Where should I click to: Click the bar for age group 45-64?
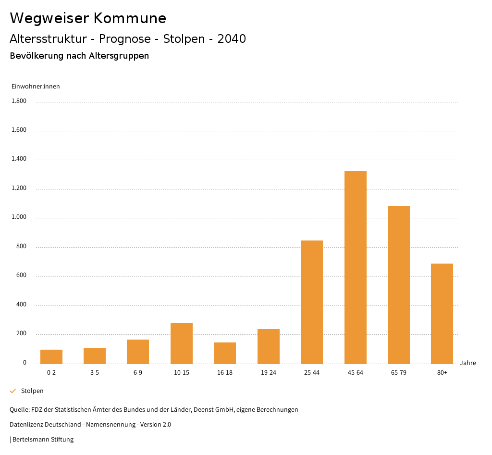click(x=355, y=267)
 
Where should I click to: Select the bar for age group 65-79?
click(x=398, y=285)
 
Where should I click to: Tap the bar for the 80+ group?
click(x=442, y=314)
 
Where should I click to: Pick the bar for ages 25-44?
click(x=311, y=302)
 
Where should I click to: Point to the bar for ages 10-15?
click(x=181, y=343)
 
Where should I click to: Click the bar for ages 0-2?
click(x=51, y=356)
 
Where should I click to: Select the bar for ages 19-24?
click(x=268, y=346)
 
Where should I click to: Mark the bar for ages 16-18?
click(x=225, y=353)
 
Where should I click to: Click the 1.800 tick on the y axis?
click(x=19, y=101)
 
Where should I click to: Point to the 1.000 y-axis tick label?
click(x=19, y=217)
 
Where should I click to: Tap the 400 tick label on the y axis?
click(x=21, y=305)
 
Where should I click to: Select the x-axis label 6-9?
click(x=138, y=373)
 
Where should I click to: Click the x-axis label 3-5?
click(x=95, y=373)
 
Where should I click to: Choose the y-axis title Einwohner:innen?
click(x=36, y=87)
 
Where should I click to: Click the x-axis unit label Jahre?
click(x=467, y=363)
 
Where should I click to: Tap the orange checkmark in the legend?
click(x=13, y=391)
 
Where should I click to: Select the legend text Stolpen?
click(x=32, y=391)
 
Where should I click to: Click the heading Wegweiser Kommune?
click(x=88, y=18)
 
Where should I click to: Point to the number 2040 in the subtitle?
click(x=232, y=39)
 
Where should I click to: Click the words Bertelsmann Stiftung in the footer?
click(x=43, y=440)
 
